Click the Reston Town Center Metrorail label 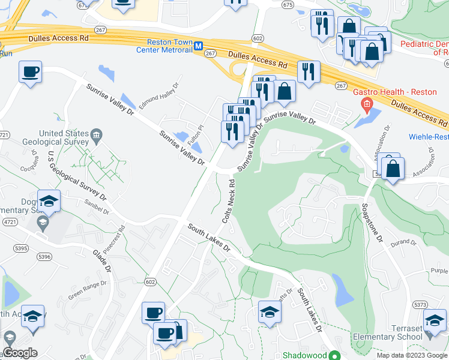point(170,46)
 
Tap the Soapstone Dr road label point(370,223)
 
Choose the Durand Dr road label point(403,243)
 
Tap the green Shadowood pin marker point(336,355)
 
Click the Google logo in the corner point(19,353)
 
